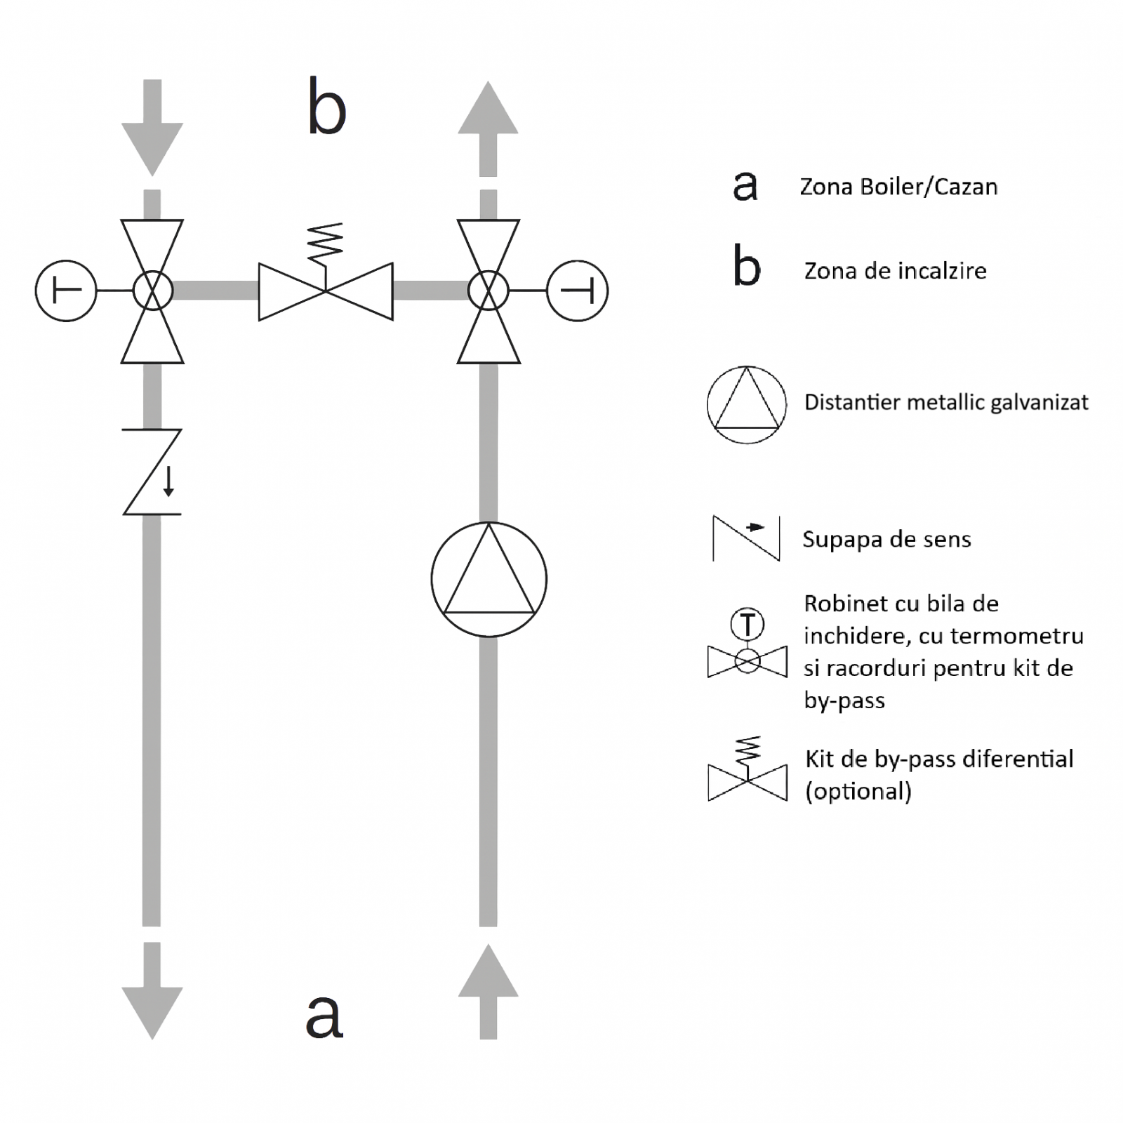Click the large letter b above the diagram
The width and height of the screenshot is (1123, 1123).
tap(326, 107)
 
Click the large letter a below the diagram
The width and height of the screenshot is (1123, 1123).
tap(324, 1015)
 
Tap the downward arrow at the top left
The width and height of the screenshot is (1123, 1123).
tap(152, 130)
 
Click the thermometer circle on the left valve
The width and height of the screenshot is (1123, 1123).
tap(66, 291)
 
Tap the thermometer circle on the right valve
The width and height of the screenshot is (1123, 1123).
tap(577, 291)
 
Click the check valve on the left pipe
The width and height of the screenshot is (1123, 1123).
tap(152, 472)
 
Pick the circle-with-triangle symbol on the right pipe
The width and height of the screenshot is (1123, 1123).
tap(489, 579)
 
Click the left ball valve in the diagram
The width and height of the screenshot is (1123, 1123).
tap(152, 291)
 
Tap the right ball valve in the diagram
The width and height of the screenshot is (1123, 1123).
tap(489, 291)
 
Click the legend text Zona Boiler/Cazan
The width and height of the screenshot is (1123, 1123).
tap(898, 187)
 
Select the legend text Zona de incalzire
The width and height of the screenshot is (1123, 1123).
tap(895, 271)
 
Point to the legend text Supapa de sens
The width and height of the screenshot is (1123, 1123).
tap(886, 539)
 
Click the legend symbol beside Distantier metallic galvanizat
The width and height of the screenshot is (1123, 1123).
tap(746, 404)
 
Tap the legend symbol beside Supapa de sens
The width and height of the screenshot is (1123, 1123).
tap(746, 538)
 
